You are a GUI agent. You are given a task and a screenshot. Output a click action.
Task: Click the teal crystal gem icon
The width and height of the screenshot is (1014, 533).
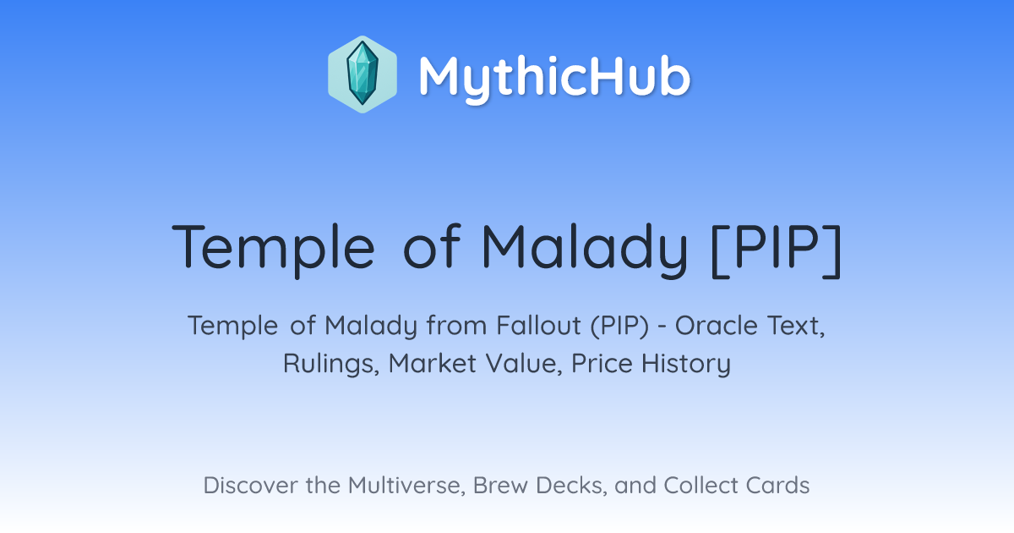(363, 74)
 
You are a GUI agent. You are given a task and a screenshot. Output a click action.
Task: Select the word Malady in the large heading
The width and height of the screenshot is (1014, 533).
(585, 249)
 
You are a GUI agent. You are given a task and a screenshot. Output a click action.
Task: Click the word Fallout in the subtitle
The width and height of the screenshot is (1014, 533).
(539, 326)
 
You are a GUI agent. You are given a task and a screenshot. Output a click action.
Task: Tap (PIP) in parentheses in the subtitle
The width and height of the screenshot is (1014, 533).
(619, 327)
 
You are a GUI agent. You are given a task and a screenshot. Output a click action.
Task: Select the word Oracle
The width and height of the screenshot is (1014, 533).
(717, 326)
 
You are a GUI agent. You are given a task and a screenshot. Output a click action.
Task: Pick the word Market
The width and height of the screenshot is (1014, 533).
(433, 364)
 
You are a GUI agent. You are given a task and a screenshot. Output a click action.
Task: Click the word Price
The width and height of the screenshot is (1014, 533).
(602, 364)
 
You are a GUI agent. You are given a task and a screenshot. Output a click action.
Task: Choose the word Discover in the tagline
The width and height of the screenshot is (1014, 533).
(251, 486)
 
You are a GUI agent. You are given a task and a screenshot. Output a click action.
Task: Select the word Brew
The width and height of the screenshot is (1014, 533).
(500, 486)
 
